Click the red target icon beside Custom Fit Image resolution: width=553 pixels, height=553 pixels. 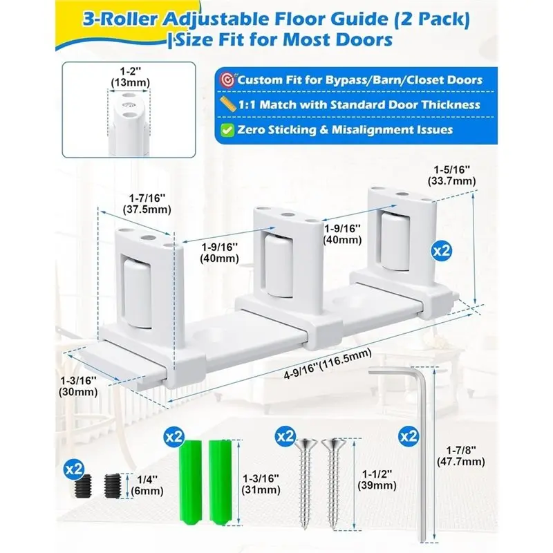click(x=227, y=80)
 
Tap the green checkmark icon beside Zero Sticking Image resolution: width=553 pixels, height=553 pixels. click(x=227, y=130)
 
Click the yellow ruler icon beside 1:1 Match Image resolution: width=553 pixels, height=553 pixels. click(x=228, y=104)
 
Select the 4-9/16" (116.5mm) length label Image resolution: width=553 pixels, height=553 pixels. click(x=328, y=364)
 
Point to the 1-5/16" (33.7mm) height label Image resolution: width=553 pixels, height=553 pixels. click(x=452, y=176)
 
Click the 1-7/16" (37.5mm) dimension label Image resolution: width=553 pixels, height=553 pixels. click(x=147, y=203)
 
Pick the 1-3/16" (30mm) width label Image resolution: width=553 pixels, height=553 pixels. click(x=78, y=386)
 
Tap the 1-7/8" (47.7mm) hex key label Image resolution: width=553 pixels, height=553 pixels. click(x=460, y=456)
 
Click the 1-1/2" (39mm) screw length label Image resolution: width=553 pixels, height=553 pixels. click(x=377, y=480)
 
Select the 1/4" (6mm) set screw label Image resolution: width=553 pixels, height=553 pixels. click(x=147, y=485)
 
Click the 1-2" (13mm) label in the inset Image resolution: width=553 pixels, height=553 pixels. click(x=130, y=77)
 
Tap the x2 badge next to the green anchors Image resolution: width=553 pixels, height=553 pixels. click(x=174, y=437)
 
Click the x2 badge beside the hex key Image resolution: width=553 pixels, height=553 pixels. click(x=409, y=437)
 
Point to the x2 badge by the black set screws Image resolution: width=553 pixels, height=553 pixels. click(x=74, y=469)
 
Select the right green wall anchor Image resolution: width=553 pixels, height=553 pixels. click(x=220, y=482)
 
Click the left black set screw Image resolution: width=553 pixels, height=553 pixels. click(x=84, y=486)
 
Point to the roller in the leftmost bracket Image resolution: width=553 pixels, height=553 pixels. click(x=137, y=293)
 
